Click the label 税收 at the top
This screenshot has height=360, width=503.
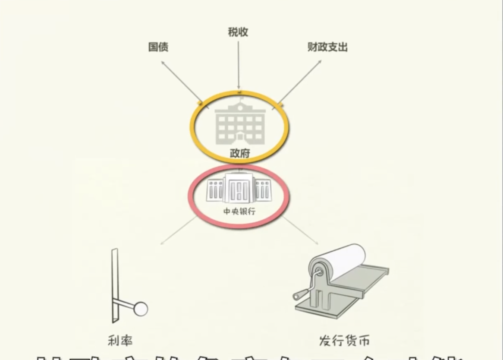(x=238, y=32)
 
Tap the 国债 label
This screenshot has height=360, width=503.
(x=158, y=47)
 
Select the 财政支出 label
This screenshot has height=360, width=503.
(x=327, y=47)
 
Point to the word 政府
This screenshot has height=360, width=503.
(x=239, y=154)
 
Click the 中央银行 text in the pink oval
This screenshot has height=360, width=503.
(x=239, y=212)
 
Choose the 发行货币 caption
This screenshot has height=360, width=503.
(x=344, y=341)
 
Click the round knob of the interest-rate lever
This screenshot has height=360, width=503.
(x=140, y=309)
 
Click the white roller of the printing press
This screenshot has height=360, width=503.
(x=341, y=259)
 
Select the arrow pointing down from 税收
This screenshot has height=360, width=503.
(x=239, y=65)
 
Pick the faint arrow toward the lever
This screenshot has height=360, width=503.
(x=178, y=231)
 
